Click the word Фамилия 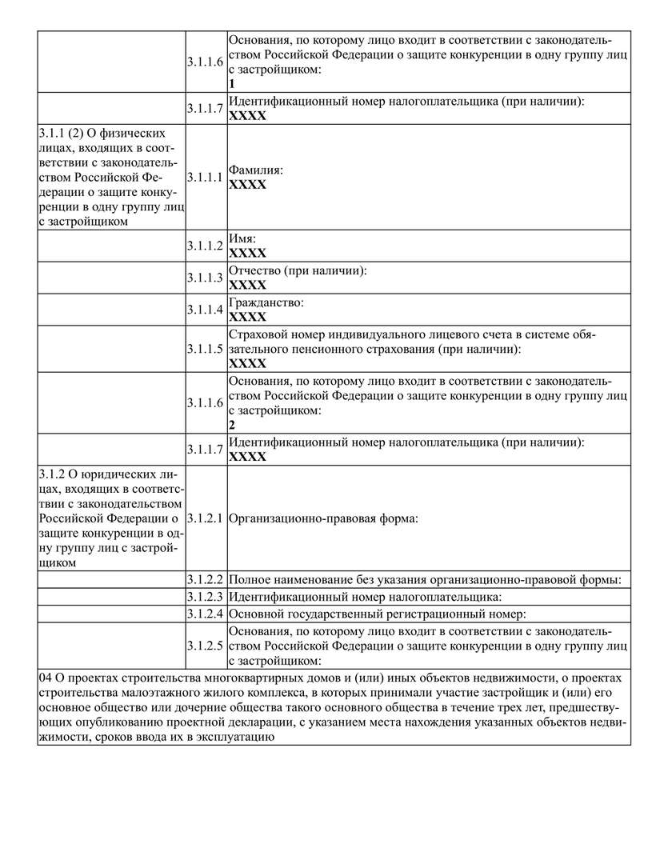coord(254,171)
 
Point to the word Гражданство coord(266,303)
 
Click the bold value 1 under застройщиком coord(232,83)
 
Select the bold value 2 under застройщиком coord(232,425)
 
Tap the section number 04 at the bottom coord(46,677)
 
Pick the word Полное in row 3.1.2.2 coord(250,579)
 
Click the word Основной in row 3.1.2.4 coord(256,614)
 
